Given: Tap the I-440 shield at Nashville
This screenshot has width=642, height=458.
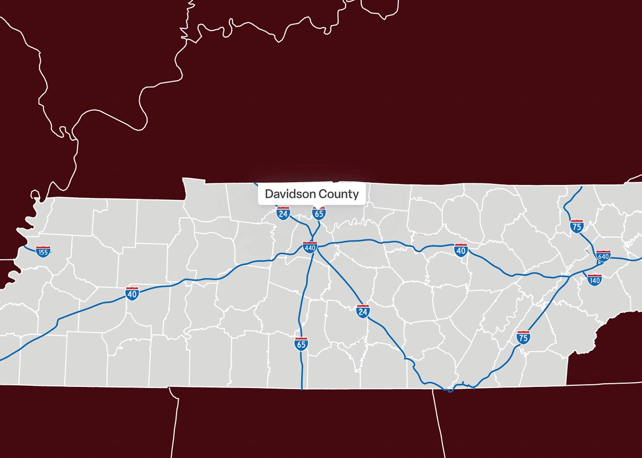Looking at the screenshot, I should point(310,247).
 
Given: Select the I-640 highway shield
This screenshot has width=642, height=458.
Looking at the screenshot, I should point(603,255).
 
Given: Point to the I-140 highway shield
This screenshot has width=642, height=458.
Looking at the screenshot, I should point(594,279).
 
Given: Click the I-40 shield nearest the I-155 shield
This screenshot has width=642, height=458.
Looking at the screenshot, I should point(133,293).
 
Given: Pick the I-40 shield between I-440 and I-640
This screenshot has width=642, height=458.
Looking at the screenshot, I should point(461,250).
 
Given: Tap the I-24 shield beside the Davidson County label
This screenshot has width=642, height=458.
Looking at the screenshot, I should point(283,214).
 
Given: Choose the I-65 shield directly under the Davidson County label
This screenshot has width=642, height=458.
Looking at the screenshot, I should point(319,214).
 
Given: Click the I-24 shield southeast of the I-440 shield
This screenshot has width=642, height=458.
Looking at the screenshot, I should point(363,310).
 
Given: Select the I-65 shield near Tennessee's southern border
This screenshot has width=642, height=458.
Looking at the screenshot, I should point(301,344).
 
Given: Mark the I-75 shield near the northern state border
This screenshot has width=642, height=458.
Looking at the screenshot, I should point(577,226).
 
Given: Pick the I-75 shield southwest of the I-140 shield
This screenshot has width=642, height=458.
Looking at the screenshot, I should point(523,337).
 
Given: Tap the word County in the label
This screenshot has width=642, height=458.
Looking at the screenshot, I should point(338,193).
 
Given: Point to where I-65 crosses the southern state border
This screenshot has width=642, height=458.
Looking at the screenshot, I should point(302,389).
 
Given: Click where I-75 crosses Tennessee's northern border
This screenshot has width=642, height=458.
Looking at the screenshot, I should point(582,187).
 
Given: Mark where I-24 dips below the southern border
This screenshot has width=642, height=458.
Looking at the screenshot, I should point(450,391).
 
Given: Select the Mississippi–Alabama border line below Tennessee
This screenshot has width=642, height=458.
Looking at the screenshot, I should point(177,422).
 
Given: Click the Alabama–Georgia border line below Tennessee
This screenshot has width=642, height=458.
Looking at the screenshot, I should point(439,422).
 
